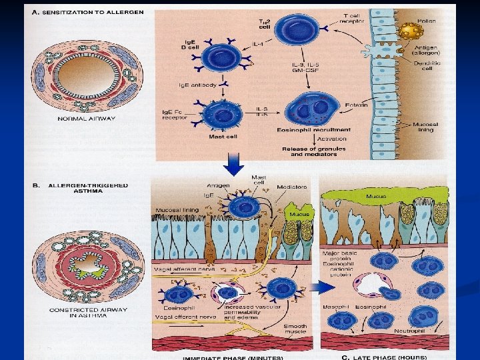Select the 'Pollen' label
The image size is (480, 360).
(x=427, y=21)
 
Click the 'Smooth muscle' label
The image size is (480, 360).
(x=295, y=329)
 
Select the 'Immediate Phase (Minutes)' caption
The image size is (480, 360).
(x=233, y=357)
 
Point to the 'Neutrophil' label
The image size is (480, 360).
(x=411, y=331)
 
